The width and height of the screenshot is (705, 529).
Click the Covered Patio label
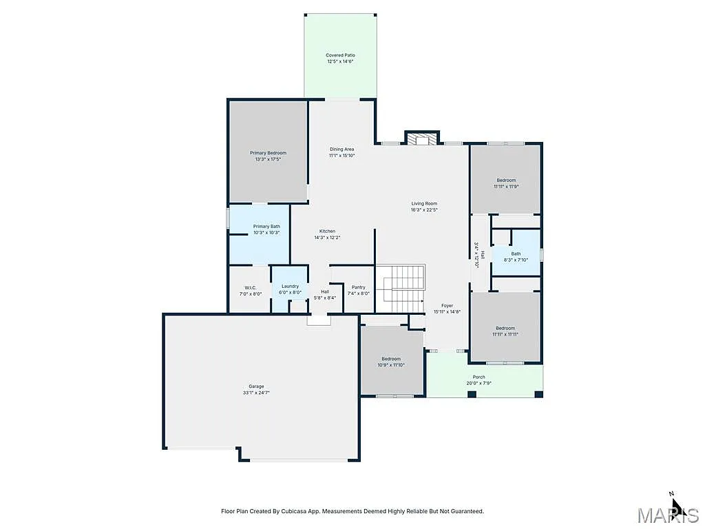click(x=341, y=55)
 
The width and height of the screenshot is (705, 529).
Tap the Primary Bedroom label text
click(x=268, y=153)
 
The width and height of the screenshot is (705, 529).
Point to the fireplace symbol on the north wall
click(x=421, y=139)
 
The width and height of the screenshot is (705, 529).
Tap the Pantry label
click(x=358, y=287)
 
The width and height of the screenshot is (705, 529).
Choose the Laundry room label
click(x=290, y=286)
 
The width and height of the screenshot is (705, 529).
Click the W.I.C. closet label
click(x=251, y=287)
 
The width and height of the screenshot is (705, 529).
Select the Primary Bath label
click(x=266, y=227)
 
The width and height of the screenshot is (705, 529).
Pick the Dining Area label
click(x=341, y=149)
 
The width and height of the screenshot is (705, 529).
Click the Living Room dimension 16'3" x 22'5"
click(x=424, y=210)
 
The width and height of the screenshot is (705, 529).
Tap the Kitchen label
click(x=327, y=231)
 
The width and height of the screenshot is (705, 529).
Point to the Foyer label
click(x=447, y=305)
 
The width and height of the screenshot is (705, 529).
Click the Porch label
click(x=479, y=377)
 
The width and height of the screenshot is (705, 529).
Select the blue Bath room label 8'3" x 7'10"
click(x=516, y=253)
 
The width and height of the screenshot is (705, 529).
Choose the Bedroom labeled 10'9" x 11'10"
click(x=391, y=359)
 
